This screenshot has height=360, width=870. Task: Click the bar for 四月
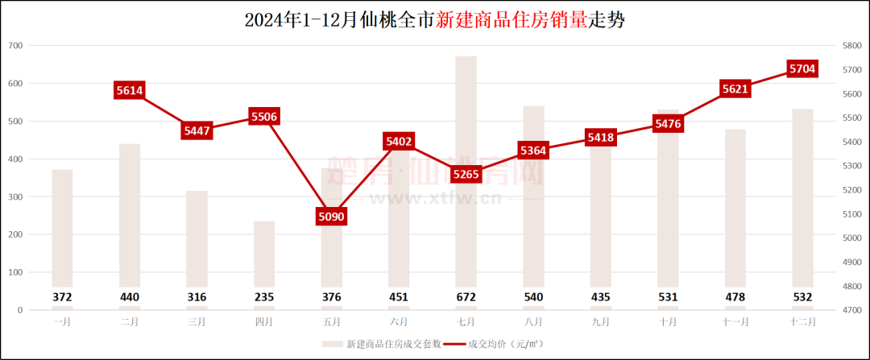264,258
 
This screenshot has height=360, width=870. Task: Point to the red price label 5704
802,69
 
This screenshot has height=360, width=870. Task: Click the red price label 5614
130,91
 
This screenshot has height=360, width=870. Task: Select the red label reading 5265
466,173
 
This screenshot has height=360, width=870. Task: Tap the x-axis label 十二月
802,321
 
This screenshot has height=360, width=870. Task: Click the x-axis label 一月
62,321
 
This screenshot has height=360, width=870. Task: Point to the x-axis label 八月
533,321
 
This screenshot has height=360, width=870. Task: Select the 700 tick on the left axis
14,46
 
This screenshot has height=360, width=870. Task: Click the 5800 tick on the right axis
851,46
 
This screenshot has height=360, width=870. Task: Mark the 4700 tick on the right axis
851,310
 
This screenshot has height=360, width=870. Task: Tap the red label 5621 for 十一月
735,90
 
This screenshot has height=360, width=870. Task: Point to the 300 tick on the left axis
14,197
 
